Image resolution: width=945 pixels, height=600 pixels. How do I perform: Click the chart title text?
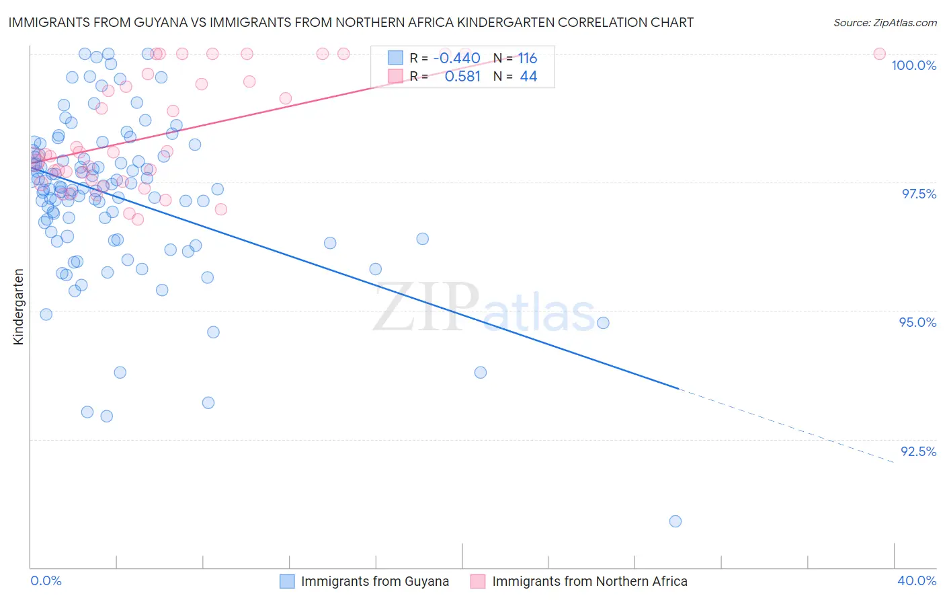click(x=351, y=22)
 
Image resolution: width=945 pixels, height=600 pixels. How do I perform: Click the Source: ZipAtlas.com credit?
click(x=885, y=22)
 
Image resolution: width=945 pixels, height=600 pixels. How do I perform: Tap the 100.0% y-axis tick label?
click(x=913, y=65)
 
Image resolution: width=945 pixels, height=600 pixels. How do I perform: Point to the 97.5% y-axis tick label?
click(x=918, y=194)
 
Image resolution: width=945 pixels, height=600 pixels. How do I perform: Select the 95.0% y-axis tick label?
click(x=917, y=322)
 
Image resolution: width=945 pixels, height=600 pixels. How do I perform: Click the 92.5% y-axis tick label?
click(x=918, y=451)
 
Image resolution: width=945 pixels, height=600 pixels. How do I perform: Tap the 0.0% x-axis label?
click(x=46, y=580)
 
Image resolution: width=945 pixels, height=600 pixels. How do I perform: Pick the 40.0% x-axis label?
click(x=917, y=580)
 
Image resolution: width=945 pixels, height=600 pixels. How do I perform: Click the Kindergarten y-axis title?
click(x=18, y=307)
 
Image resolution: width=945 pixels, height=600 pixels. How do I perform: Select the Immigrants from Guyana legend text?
click(x=374, y=581)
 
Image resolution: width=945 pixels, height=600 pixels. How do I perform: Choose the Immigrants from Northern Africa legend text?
click(x=589, y=581)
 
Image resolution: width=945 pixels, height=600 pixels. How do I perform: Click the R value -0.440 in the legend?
click(x=456, y=58)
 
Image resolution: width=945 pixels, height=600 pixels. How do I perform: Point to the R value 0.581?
click(x=462, y=77)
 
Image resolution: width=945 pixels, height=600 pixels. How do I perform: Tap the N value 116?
click(x=527, y=58)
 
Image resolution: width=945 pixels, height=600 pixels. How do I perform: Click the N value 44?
click(x=528, y=77)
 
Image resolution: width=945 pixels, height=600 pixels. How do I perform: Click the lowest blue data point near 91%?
click(x=675, y=521)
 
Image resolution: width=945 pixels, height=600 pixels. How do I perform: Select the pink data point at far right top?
click(x=879, y=54)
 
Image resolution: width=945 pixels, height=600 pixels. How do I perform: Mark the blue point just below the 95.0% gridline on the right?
click(x=603, y=323)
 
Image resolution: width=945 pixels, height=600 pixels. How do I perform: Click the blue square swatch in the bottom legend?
click(x=287, y=581)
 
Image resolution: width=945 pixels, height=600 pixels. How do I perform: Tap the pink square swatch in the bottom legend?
click(x=478, y=581)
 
